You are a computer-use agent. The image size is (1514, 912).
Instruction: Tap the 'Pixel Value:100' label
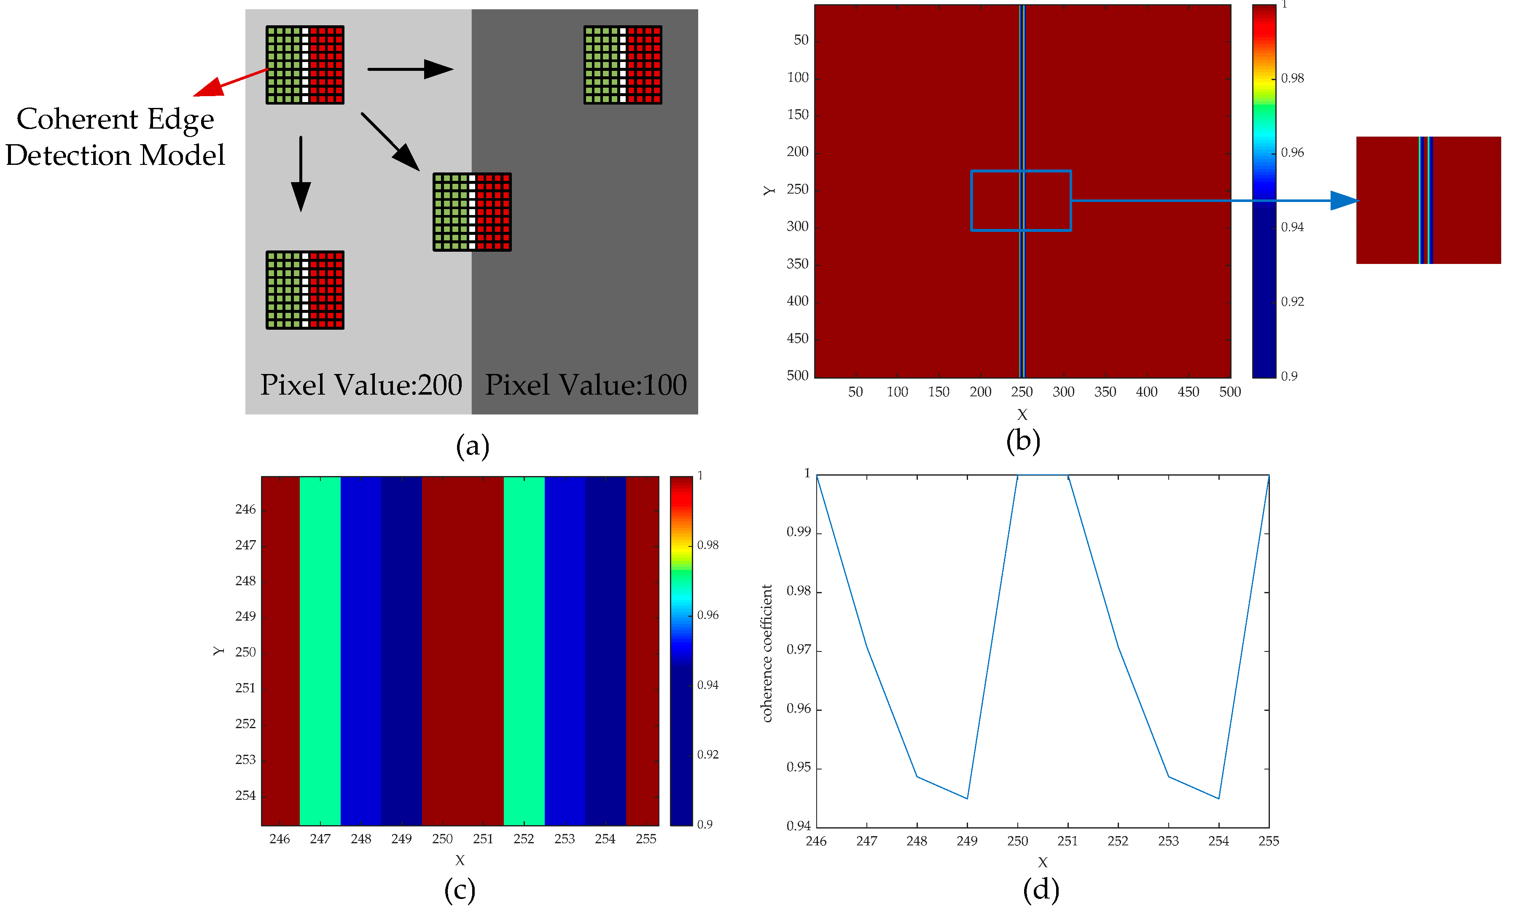pos(586,385)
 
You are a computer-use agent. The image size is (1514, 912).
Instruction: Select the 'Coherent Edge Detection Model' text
pos(115,137)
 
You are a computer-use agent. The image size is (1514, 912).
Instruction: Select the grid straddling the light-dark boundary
pos(472,212)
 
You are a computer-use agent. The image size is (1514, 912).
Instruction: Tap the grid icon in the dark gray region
pos(622,65)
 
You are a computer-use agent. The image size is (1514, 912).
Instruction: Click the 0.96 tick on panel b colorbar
pos(1292,152)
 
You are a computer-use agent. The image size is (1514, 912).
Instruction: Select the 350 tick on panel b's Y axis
pos(798,264)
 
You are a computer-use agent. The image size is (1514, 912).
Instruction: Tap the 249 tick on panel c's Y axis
pos(245,616)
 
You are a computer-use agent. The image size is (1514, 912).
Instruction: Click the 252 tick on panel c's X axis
pos(524,839)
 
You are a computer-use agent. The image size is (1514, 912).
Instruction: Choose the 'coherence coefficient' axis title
pos(767,653)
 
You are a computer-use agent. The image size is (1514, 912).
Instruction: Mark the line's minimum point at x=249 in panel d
pos(967,798)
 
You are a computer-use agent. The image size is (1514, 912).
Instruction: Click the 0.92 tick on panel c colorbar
pos(708,755)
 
